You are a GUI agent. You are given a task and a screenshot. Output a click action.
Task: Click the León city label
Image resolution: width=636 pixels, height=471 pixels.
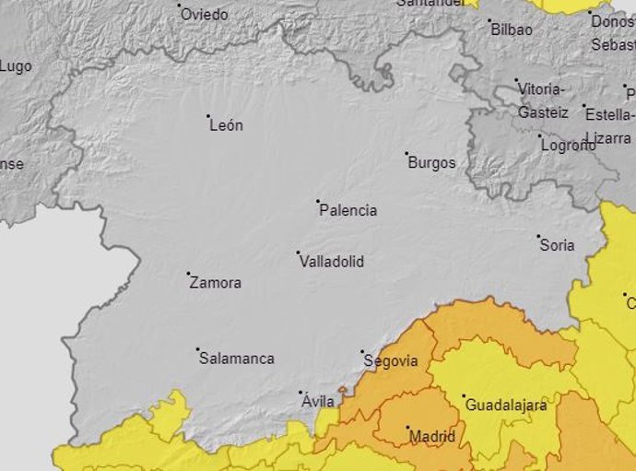[x=226, y=125]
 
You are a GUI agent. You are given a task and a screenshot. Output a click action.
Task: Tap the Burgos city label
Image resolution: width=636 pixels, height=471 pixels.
[x=431, y=163]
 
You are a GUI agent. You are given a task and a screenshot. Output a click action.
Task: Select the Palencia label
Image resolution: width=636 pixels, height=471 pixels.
[x=347, y=210]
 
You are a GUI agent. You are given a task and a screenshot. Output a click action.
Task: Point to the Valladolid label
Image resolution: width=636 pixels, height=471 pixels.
[x=332, y=262]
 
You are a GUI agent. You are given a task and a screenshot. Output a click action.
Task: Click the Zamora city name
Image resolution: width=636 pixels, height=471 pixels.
[x=215, y=283]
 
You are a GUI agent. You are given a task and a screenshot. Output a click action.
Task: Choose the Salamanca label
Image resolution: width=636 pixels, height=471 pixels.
[x=237, y=359]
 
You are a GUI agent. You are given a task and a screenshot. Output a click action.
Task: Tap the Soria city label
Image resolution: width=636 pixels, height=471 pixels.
[x=557, y=245]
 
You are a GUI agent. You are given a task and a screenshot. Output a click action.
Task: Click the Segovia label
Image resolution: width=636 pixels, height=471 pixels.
[x=391, y=361]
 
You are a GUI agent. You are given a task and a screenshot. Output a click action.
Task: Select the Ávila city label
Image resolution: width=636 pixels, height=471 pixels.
[x=318, y=402]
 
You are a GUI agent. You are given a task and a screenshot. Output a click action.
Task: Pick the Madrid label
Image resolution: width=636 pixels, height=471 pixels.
[x=431, y=436]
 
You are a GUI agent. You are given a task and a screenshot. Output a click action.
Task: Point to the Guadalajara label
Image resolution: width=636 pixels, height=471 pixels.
[x=506, y=406]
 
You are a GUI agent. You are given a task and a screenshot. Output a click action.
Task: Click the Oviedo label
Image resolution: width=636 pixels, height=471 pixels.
[x=204, y=15]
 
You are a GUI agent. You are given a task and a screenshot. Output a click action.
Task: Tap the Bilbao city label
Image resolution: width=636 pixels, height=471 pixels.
[x=512, y=29]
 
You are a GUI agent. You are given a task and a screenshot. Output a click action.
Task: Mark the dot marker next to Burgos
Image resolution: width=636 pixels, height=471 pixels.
[x=406, y=153]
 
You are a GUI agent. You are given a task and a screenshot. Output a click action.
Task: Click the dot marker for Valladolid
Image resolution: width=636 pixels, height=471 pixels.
[x=298, y=253]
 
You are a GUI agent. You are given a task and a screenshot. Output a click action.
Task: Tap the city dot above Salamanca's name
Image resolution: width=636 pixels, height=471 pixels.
[x=197, y=349]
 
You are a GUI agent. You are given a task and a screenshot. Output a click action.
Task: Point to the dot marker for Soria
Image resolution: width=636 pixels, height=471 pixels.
[x=539, y=236]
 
